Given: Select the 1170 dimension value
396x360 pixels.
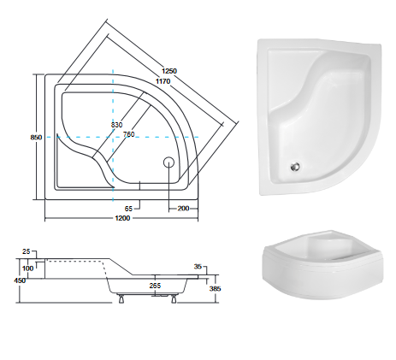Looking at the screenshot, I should click(x=163, y=80).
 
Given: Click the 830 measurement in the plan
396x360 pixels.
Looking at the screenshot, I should click(x=117, y=125).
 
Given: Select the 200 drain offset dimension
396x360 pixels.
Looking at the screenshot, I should click(x=183, y=208).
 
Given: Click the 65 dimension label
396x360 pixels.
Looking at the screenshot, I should click(x=127, y=208).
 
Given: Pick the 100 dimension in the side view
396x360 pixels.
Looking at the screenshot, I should click(x=29, y=269).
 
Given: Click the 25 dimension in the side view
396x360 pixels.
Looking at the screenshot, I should click(x=26, y=251).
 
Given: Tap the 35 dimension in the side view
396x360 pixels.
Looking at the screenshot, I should click(x=198, y=266).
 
